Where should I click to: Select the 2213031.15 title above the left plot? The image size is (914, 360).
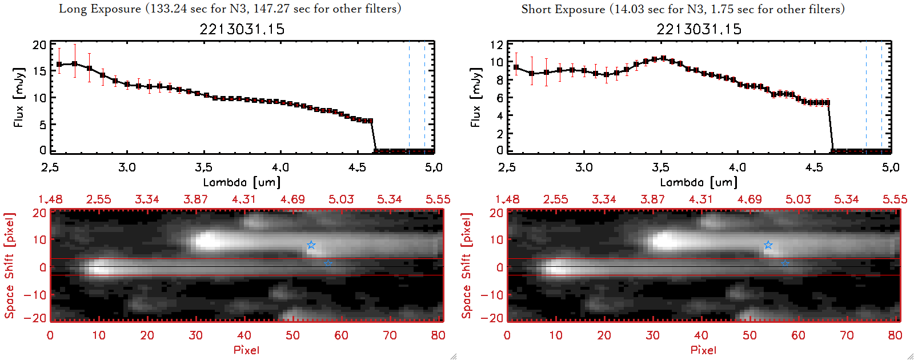click(x=242, y=29)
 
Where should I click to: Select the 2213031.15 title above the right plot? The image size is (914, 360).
click(x=699, y=29)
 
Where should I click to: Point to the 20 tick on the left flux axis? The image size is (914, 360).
click(x=39, y=45)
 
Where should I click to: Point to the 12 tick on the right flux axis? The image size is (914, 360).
click(x=496, y=45)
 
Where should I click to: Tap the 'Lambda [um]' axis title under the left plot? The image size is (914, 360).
click(x=242, y=182)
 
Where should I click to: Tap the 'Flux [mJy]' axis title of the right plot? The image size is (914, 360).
click(x=475, y=97)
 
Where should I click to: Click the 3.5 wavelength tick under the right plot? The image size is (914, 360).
click(x=661, y=167)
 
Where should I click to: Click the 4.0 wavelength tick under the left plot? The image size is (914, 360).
click(x=280, y=167)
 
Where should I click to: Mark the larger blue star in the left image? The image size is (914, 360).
click(x=311, y=245)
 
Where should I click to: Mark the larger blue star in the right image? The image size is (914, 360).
click(x=768, y=245)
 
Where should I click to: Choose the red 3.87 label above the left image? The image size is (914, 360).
click(x=195, y=199)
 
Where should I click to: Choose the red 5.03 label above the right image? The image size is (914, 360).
click(x=797, y=199)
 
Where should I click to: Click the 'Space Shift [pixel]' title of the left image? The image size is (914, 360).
click(x=9, y=266)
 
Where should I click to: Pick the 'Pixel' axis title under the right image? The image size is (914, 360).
click(x=703, y=350)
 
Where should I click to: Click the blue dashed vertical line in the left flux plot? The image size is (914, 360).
click(x=409, y=97)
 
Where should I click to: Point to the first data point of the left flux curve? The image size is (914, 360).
click(x=59, y=65)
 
